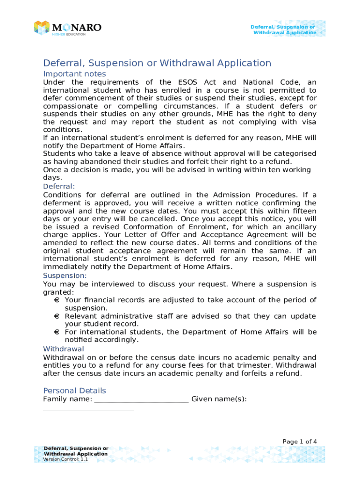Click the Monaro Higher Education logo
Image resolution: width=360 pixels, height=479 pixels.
(67, 28)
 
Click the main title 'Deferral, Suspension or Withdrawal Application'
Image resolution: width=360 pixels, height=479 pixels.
(157, 63)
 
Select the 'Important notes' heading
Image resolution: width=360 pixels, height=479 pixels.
(74, 74)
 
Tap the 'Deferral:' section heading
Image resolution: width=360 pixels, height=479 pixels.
(59, 186)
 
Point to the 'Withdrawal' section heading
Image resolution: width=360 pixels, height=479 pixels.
(64, 349)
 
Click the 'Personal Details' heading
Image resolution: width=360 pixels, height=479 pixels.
(74, 391)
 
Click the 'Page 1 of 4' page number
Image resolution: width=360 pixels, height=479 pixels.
(300, 442)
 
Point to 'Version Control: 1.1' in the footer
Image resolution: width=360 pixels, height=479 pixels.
(65, 459)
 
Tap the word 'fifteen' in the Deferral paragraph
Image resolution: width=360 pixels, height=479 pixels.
(301, 211)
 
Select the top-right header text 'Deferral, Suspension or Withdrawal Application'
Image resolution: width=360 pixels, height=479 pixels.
(284, 29)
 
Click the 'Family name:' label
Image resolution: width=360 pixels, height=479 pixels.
(67, 399)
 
